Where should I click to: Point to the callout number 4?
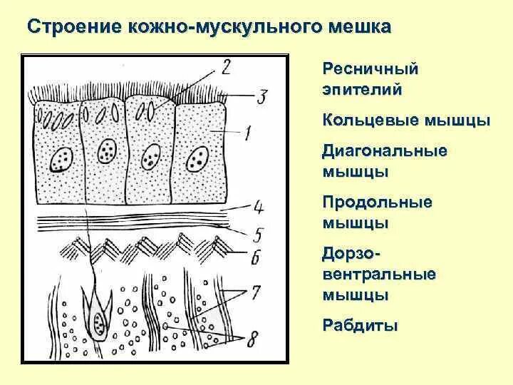click(258, 207)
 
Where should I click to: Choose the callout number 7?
click(256, 292)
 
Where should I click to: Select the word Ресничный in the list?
click(370, 70)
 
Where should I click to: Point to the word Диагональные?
click(385, 151)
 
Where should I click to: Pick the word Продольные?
click(378, 202)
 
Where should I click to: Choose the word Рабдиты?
click(360, 326)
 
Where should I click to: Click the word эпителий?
click(363, 90)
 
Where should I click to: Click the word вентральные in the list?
click(380, 274)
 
